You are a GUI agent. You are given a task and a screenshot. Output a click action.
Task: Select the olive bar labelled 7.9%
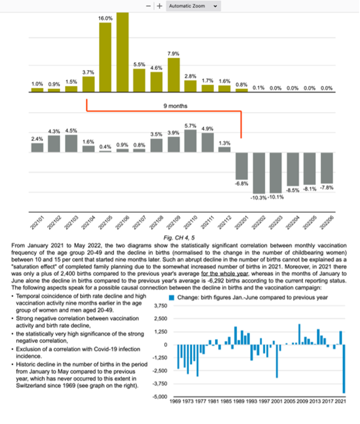click(x=173, y=74)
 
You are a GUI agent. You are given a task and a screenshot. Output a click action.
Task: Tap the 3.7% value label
click(x=88, y=72)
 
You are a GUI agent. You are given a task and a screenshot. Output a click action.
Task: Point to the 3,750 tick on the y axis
click(x=159, y=306)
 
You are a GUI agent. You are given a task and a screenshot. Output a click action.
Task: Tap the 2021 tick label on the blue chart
click(x=341, y=402)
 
